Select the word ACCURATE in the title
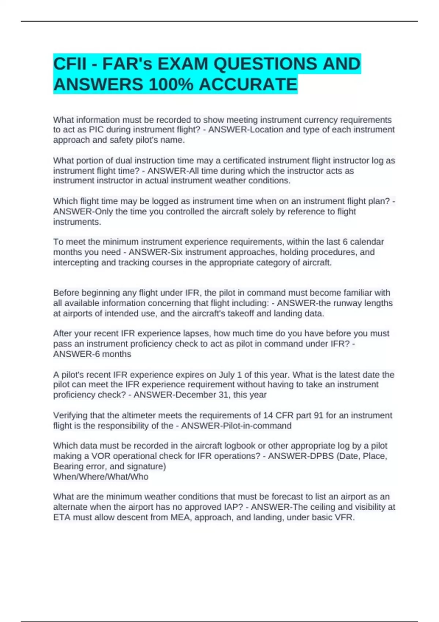coord(248,85)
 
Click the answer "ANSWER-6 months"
coord(92,354)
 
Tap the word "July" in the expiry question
coord(226,375)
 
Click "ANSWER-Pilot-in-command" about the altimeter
coord(236,426)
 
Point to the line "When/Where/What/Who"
coord(101,477)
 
